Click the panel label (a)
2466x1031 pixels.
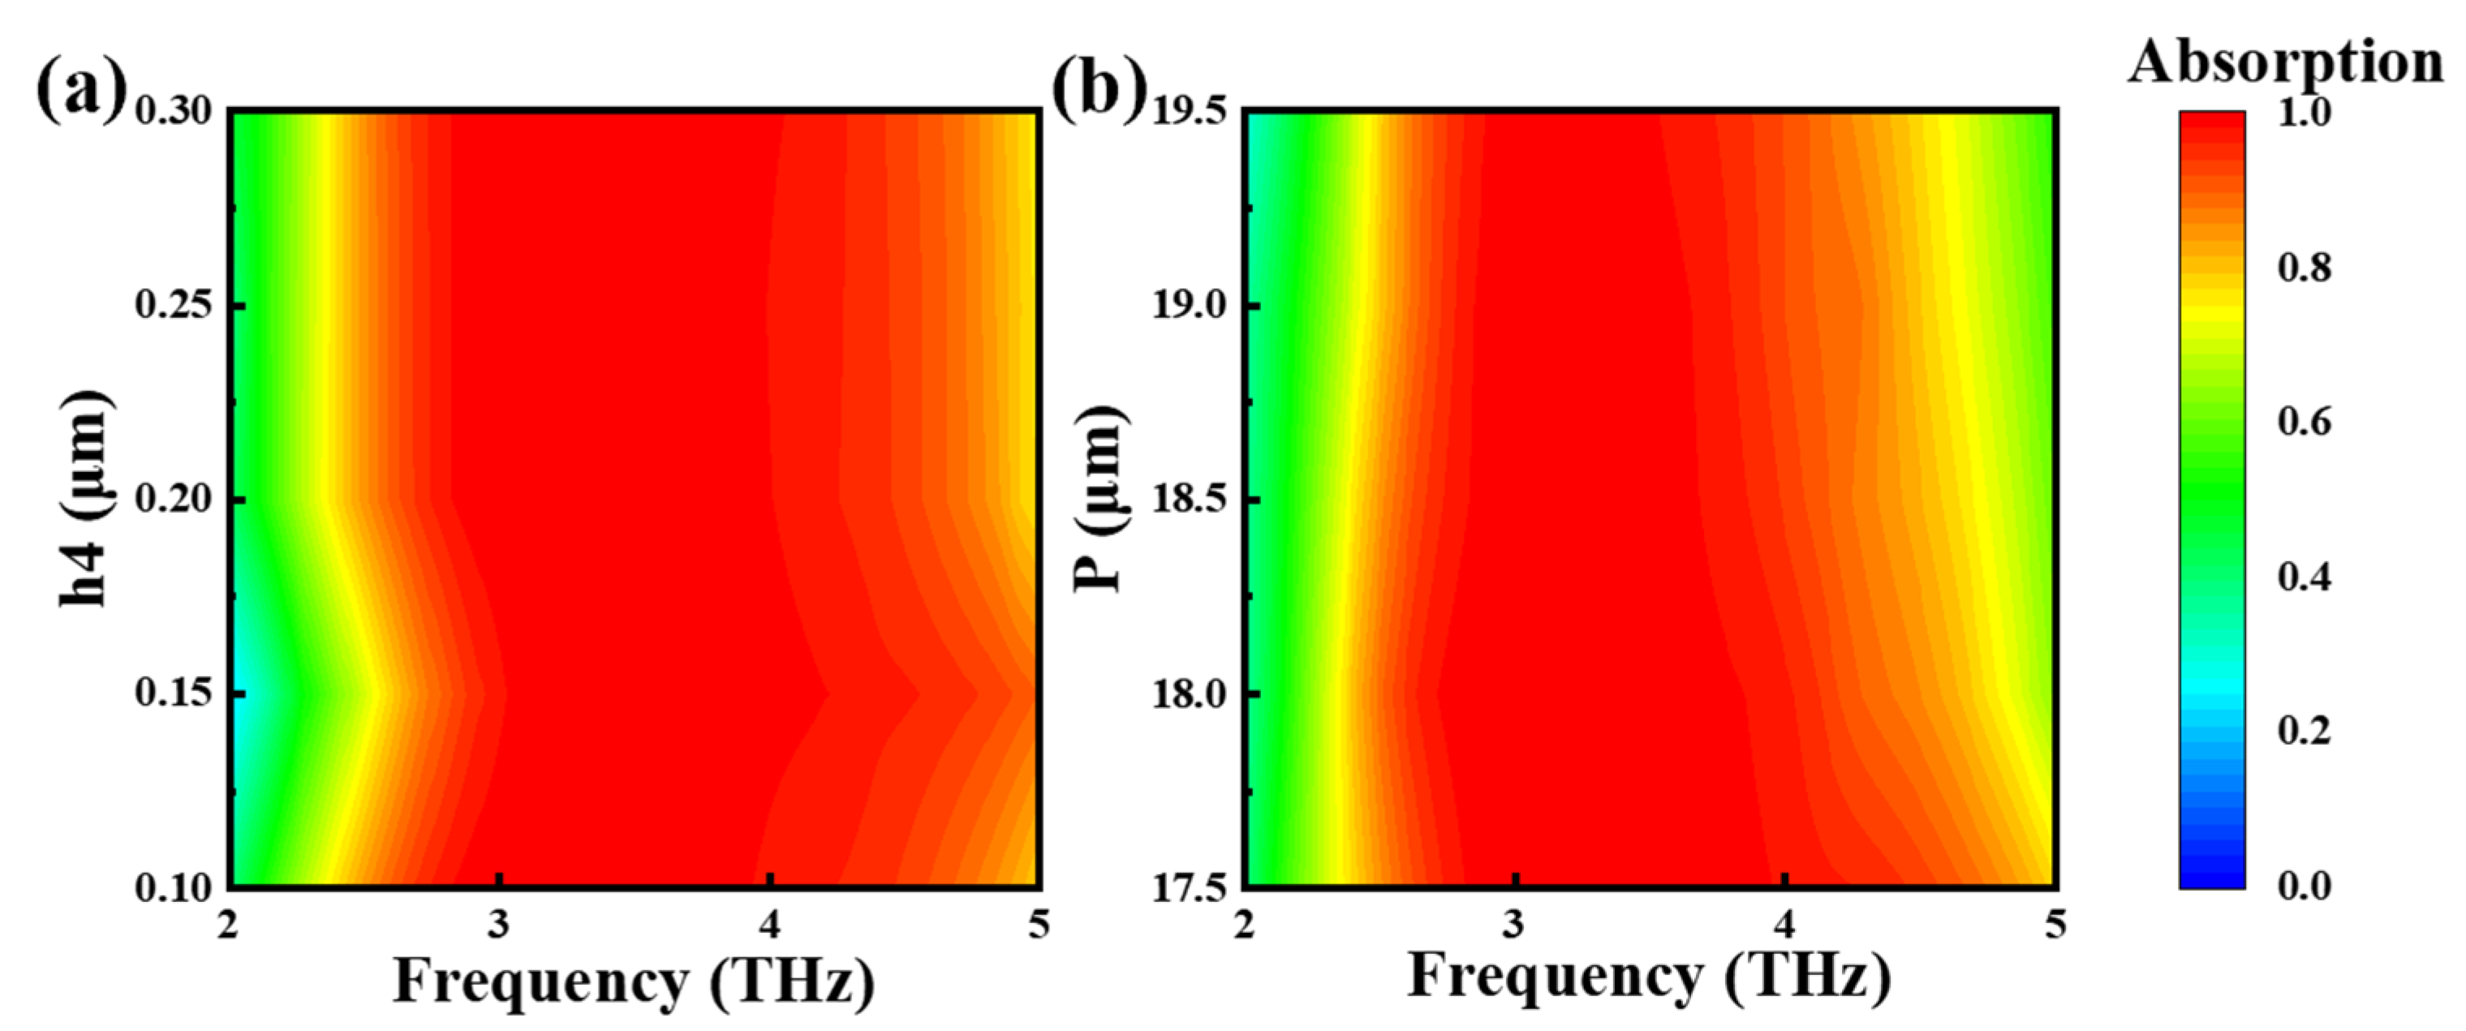(80, 88)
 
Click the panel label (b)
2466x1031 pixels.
(1099, 88)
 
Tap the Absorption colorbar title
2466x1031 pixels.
(2285, 62)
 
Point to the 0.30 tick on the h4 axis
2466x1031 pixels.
(174, 112)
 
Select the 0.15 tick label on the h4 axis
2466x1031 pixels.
(174, 693)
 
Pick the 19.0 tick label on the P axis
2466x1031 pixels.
(1188, 307)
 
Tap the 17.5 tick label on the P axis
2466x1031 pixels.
(1188, 888)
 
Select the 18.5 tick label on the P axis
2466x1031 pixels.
(1188, 500)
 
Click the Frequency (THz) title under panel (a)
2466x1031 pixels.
(634, 982)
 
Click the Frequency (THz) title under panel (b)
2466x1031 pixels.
(1649, 977)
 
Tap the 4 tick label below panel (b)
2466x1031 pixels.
(1784, 925)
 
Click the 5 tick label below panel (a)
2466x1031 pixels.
(1039, 925)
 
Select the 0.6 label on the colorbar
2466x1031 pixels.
(2305, 422)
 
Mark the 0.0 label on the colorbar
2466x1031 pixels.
(2305, 887)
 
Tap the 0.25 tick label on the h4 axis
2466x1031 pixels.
(174, 307)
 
